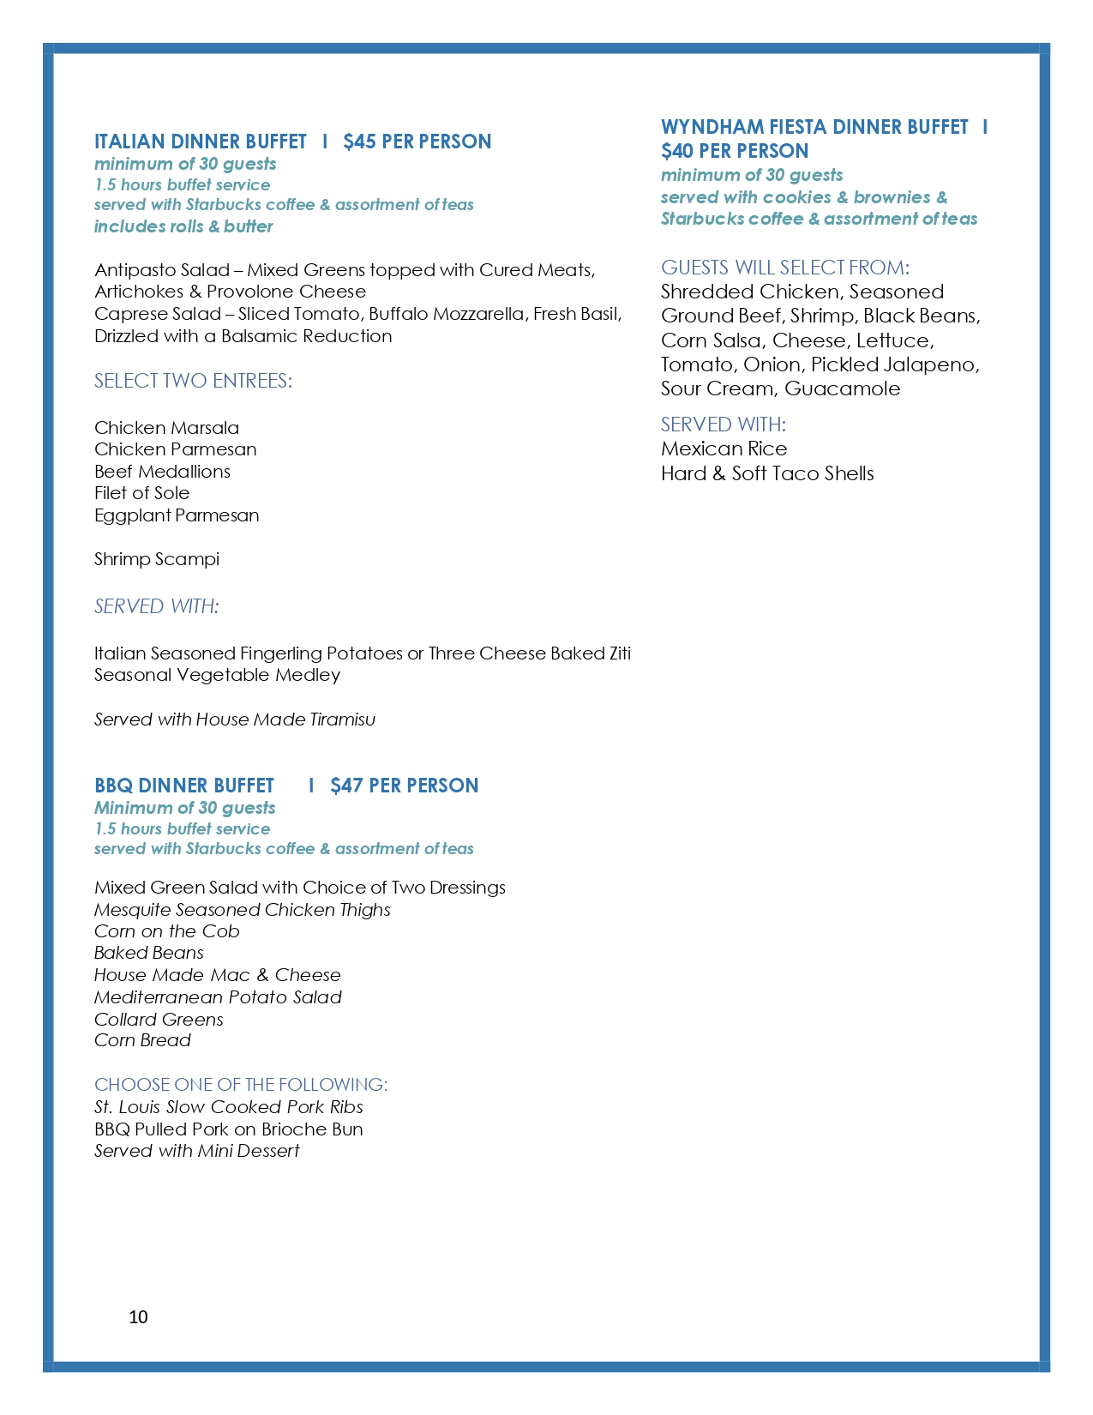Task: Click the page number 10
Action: pyautogui.click(x=138, y=1317)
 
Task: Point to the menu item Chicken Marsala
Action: pyautogui.click(x=166, y=428)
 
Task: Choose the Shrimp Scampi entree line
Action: pyautogui.click(x=157, y=559)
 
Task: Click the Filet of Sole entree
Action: pyautogui.click(x=141, y=493)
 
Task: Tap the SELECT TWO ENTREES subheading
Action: pyautogui.click(x=193, y=381)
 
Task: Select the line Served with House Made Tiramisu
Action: pyautogui.click(x=234, y=720)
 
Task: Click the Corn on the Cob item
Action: pyautogui.click(x=166, y=931)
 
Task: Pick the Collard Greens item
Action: pyautogui.click(x=159, y=1020)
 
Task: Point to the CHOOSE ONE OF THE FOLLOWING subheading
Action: pyautogui.click(x=240, y=1085)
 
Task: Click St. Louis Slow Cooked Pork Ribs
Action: pyautogui.click(x=228, y=1107)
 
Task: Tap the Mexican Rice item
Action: pyautogui.click(x=724, y=449)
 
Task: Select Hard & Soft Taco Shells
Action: pyautogui.click(x=767, y=473)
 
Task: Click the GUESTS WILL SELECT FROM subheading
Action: pyautogui.click(x=784, y=268)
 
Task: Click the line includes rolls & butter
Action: pyautogui.click(x=183, y=226)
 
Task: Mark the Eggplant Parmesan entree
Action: pyautogui.click(x=177, y=515)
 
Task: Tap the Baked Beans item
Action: pyautogui.click(x=148, y=953)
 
